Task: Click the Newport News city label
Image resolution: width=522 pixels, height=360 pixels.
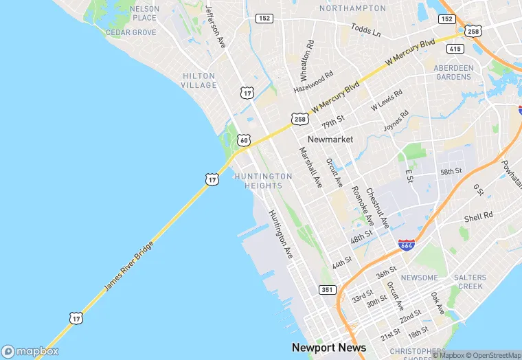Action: [329, 348]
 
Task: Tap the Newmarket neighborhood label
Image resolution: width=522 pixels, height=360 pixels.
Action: [330, 139]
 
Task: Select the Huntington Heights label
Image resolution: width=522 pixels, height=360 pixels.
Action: [263, 181]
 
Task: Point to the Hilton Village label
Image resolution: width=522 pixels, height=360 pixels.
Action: [199, 80]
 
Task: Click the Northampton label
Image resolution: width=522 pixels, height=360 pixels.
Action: [352, 8]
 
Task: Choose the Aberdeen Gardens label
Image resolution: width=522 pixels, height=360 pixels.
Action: [453, 72]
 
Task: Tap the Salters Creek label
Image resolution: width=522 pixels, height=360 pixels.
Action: [470, 282]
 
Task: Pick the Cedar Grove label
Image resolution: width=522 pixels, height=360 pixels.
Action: [131, 32]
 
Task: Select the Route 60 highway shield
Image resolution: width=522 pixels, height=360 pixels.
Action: [244, 140]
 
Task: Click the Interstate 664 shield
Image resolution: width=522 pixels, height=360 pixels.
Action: [406, 245]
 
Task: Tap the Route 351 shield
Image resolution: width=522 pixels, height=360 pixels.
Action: [327, 290]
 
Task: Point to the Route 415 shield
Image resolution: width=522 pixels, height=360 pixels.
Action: [454, 48]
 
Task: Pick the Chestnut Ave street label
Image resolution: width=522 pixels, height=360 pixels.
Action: [378, 208]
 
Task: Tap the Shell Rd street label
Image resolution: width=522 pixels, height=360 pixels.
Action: [479, 216]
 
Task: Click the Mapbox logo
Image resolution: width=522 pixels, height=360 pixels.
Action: [30, 350]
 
